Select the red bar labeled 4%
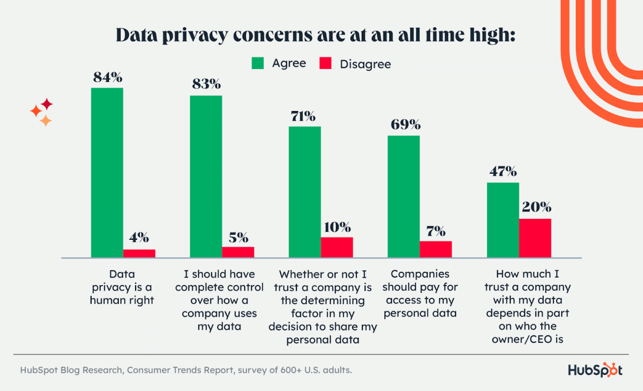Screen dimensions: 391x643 point(139,254)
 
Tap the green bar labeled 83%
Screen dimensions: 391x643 point(206,176)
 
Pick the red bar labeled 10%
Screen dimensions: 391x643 point(337,247)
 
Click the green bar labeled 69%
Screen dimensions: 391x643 point(403,196)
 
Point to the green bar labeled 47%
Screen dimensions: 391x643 point(503,220)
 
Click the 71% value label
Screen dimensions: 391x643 point(303,116)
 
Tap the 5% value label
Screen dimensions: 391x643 point(238,237)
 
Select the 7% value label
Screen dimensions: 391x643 point(436,231)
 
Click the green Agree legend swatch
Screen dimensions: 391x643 point(259,64)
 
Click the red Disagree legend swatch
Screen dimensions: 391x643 point(326,64)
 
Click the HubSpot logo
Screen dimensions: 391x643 point(595,370)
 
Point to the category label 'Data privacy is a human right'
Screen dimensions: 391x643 point(123,287)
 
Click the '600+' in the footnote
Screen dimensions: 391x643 point(249,370)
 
